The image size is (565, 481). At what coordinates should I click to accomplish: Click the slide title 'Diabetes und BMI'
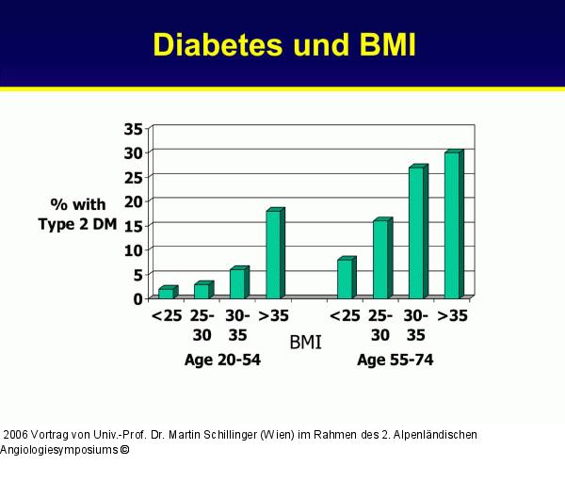click(283, 44)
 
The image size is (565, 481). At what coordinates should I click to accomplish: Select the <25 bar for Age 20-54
click(166, 293)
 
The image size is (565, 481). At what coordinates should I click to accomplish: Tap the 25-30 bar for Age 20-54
click(202, 290)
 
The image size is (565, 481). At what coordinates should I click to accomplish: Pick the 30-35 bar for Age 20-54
click(238, 283)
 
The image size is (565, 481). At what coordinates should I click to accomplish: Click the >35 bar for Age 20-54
click(274, 254)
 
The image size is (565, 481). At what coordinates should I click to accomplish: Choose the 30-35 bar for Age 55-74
click(417, 232)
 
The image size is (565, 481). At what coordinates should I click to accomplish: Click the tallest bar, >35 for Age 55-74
click(453, 225)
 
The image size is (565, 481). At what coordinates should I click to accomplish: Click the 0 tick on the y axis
click(137, 298)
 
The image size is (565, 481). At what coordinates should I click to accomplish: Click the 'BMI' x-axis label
click(305, 343)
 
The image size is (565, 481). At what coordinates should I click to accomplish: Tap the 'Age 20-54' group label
click(223, 361)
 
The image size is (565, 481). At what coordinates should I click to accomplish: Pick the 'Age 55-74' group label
click(395, 361)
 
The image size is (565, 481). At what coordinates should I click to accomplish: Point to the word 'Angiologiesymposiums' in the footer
click(58, 450)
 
